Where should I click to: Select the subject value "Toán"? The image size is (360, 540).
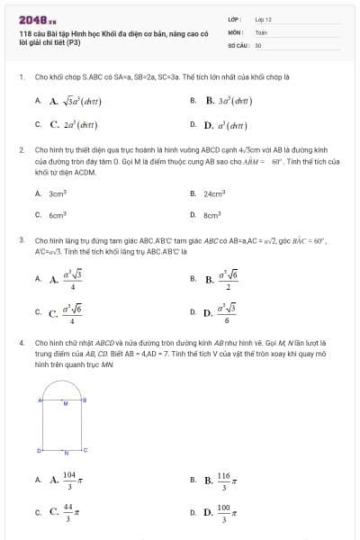(x=261, y=31)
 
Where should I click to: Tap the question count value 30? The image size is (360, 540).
(x=258, y=44)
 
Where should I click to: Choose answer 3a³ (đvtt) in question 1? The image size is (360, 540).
(x=232, y=102)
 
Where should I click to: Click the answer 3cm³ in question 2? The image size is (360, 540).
(x=59, y=193)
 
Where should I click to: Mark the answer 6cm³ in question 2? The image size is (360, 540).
(x=59, y=215)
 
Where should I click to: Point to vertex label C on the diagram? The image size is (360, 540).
(x=86, y=448)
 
